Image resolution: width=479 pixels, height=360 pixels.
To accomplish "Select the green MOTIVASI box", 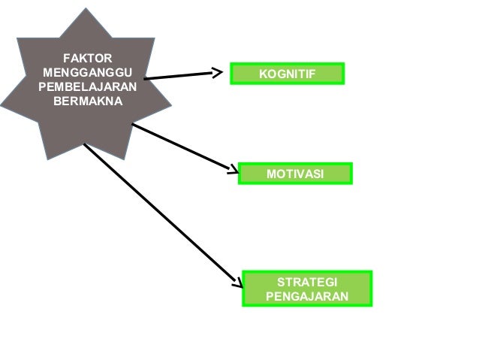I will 295,174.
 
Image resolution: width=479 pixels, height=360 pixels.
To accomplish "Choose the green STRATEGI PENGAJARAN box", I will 307,289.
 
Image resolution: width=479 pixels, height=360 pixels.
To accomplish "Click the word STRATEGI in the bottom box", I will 307,282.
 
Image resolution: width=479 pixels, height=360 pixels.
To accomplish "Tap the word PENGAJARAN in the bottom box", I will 307,296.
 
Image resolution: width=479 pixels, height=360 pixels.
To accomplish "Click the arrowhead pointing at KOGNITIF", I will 218,73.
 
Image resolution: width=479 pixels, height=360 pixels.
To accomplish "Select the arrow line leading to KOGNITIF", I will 180,75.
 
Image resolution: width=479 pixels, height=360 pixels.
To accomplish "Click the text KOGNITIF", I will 286,73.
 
